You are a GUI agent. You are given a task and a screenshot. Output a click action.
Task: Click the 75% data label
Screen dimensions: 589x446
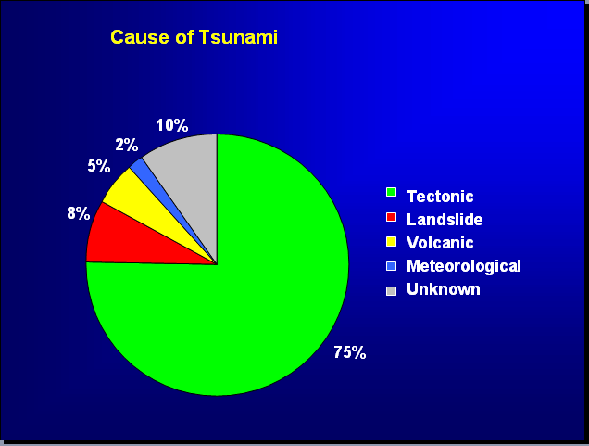point(350,352)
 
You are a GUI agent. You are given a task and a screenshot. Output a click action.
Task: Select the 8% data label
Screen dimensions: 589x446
point(79,213)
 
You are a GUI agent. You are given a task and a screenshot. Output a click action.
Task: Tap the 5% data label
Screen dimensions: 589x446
point(99,166)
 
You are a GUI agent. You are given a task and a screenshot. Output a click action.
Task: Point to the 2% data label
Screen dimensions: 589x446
point(127,145)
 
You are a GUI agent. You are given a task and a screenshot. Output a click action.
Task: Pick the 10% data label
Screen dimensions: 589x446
point(172,125)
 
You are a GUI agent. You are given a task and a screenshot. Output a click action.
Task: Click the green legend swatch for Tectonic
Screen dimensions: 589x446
point(391,192)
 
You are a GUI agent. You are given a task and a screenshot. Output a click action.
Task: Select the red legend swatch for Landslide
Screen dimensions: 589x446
point(391,217)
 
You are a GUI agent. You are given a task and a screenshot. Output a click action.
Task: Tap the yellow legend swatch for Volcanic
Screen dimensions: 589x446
point(391,241)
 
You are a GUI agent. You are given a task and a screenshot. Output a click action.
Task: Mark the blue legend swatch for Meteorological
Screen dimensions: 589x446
point(391,266)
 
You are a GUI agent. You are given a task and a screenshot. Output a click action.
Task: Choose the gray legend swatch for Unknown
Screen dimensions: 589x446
point(391,291)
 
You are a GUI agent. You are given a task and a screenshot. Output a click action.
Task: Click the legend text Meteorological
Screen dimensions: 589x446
point(464,266)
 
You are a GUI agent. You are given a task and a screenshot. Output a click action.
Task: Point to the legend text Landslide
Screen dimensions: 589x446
point(445,219)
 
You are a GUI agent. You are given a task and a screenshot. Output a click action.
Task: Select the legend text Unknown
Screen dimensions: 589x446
point(444,289)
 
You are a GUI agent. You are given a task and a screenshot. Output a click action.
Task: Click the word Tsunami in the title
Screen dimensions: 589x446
point(238,37)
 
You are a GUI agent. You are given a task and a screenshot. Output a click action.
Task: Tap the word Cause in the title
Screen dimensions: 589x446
point(140,37)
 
